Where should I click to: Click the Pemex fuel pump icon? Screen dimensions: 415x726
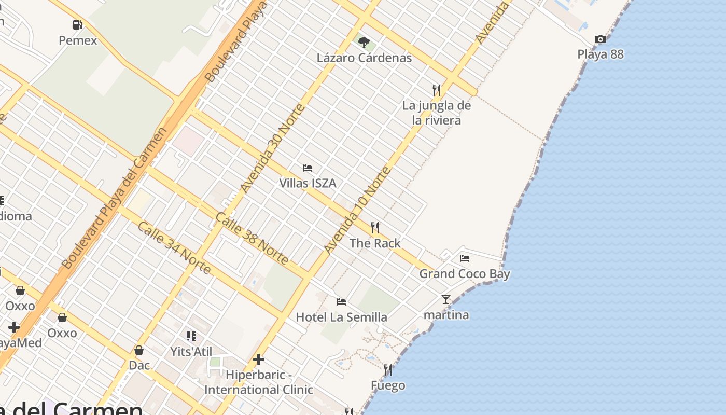pyautogui.click(x=78, y=24)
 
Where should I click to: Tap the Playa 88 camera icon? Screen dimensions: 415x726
pyautogui.click(x=601, y=39)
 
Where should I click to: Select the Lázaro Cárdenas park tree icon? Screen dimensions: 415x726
pyautogui.click(x=364, y=42)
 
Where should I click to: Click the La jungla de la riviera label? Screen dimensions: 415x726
pyautogui.click(x=437, y=113)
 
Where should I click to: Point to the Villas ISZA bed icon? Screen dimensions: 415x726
pyautogui.click(x=308, y=168)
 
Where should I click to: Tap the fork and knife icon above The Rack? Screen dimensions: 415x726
pyautogui.click(x=375, y=227)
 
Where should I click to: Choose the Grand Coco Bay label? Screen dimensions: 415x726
pyautogui.click(x=465, y=274)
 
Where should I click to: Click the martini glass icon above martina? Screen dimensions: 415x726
pyautogui.click(x=446, y=299)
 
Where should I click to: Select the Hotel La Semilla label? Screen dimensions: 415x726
pyautogui.click(x=341, y=317)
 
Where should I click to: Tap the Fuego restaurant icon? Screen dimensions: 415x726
pyautogui.click(x=387, y=370)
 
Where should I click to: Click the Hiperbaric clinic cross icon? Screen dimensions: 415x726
pyautogui.click(x=259, y=359)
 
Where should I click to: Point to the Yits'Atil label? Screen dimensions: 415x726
pyautogui.click(x=191, y=352)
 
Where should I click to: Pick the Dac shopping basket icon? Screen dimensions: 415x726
pyautogui.click(x=139, y=350)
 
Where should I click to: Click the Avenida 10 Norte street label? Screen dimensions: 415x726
pyautogui.click(x=357, y=210)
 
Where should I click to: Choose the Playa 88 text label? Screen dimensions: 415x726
pyautogui.click(x=601, y=54)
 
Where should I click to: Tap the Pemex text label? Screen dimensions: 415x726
pyautogui.click(x=78, y=40)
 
